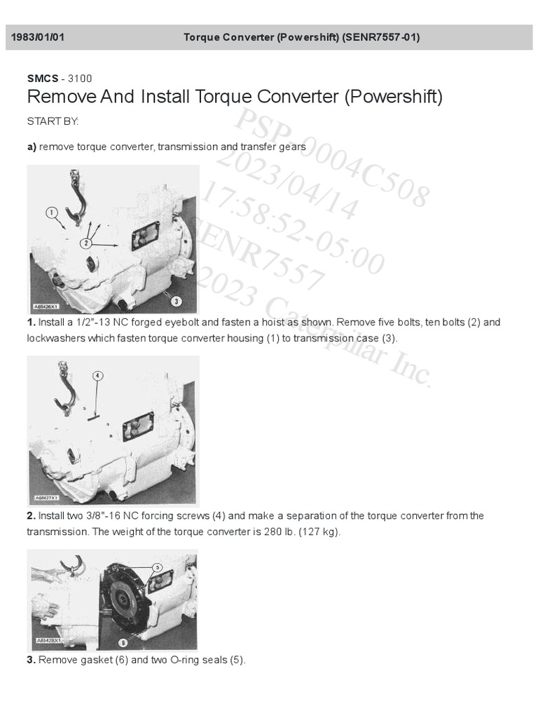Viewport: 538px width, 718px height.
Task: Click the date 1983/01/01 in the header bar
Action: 38,37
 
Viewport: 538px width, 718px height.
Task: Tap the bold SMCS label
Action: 42,79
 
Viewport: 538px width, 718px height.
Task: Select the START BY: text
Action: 53,121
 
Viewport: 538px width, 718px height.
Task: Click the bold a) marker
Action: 32,147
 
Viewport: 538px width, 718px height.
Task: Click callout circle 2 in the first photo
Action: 85,243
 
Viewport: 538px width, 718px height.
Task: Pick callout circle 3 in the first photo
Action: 177,301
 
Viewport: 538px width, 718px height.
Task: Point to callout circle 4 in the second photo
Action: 97,376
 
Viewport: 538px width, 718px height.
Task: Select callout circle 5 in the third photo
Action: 157,567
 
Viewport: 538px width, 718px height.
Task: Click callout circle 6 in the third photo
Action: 123,642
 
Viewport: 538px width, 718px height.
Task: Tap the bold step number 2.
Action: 31,516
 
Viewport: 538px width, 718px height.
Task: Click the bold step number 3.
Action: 31,660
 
